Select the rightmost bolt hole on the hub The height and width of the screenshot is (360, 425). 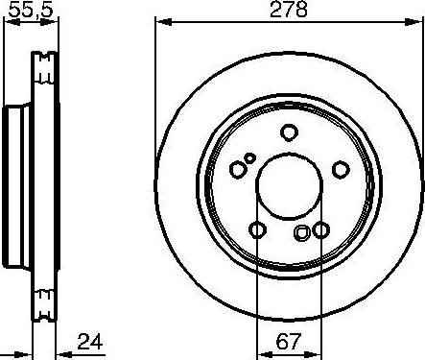(340, 170)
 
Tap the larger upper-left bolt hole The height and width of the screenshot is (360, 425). (238, 170)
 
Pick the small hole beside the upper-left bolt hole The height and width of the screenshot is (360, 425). (250, 158)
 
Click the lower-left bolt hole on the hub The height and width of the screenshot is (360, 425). (257, 229)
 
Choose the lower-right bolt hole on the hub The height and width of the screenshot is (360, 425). (319, 229)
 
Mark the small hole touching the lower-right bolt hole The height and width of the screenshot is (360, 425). (304, 231)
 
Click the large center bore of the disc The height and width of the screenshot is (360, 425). (289, 187)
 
